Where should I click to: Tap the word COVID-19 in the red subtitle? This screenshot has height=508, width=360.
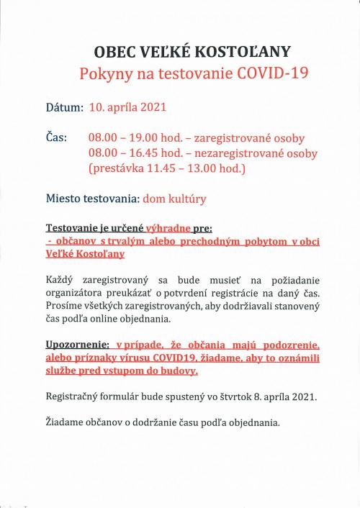[248, 74]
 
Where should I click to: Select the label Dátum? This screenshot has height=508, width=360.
[65, 108]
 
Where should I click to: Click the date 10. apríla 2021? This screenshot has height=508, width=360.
[127, 108]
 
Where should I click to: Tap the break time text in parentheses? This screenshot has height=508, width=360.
[167, 170]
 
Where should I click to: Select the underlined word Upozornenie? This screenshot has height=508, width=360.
[78, 345]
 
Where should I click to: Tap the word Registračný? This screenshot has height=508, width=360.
[75, 396]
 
